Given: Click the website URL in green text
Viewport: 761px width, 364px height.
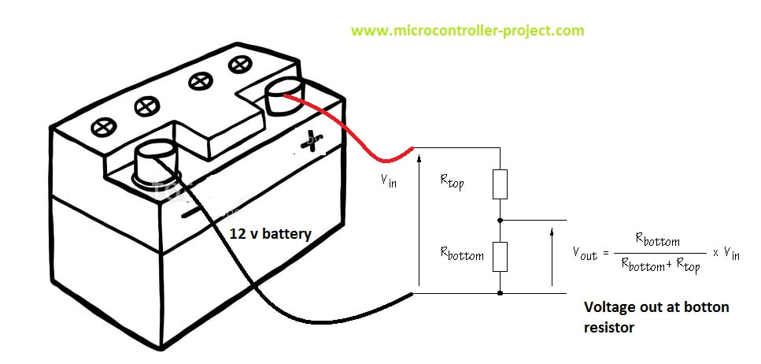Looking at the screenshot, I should (467, 31).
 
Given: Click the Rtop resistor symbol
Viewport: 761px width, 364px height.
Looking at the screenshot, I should (500, 184).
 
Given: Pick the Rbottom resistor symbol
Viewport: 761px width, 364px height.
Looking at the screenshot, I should (500, 256).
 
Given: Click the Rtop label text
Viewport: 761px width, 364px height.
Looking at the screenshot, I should (453, 182).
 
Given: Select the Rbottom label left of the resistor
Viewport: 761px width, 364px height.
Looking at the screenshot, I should (462, 254).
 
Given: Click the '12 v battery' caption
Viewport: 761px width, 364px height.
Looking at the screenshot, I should (271, 234).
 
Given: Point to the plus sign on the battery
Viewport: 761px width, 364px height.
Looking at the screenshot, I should (312, 142).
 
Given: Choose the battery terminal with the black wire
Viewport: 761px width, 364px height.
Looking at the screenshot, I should (156, 162).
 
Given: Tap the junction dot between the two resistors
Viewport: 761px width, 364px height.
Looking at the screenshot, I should (500, 220).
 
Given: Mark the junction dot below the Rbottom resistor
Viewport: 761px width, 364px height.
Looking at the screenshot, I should (500, 292).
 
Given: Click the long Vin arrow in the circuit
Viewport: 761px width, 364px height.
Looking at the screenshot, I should (420, 221).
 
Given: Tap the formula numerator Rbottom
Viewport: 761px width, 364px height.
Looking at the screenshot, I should (656, 240).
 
